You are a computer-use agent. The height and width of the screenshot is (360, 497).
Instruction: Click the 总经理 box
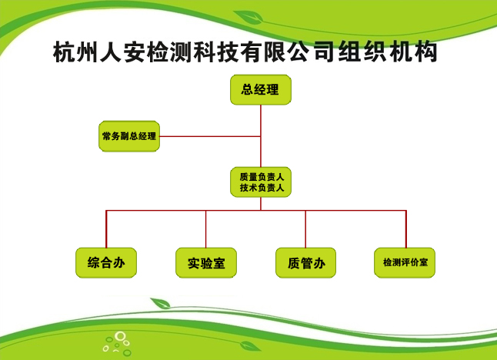[x=261, y=90]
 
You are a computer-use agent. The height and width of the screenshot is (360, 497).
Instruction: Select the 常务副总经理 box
[x=129, y=136]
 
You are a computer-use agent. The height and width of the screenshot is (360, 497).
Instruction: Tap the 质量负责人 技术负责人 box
[x=261, y=182]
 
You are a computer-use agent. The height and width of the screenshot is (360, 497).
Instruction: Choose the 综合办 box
[x=106, y=263]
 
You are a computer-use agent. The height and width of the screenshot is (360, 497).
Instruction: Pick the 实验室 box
[x=206, y=263]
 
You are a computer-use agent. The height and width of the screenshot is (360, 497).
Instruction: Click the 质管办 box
[x=306, y=263]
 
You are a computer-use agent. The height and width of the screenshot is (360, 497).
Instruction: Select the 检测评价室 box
[x=405, y=263]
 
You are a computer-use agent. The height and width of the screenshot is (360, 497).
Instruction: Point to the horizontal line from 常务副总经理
[x=210, y=137]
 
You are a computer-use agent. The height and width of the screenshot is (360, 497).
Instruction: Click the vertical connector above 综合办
[x=106, y=228]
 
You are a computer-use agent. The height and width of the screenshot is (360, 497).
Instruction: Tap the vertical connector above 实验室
[x=206, y=228]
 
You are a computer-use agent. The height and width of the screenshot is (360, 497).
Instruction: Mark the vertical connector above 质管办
[x=305, y=228]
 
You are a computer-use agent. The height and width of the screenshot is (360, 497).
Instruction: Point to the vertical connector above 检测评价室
[x=406, y=228]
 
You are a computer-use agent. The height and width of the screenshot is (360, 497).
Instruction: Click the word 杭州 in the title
[x=75, y=52]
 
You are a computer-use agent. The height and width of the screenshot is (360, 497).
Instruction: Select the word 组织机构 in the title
[x=388, y=52]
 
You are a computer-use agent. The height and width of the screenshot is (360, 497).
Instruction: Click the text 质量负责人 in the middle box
[x=262, y=177]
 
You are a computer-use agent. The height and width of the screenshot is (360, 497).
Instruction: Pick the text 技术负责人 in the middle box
[x=262, y=188]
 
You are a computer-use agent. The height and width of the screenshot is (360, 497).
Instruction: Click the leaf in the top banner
[x=249, y=17]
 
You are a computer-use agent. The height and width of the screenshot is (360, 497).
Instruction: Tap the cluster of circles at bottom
[x=117, y=344]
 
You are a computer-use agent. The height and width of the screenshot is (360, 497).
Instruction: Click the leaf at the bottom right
[x=250, y=346]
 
